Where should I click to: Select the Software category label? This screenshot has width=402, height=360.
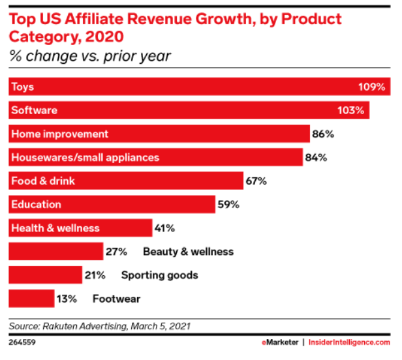click(34, 110)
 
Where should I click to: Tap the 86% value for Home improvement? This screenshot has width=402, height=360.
click(323, 134)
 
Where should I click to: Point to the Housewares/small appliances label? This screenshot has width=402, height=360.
click(85, 157)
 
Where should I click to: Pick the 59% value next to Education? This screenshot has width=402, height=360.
click(228, 204)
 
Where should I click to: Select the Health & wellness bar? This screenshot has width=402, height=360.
click(79, 228)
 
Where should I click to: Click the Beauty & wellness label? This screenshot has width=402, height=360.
click(188, 251)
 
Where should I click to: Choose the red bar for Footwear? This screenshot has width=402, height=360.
click(31, 298)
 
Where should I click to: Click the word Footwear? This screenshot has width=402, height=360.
click(116, 298)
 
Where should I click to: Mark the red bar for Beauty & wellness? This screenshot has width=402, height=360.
click(55, 251)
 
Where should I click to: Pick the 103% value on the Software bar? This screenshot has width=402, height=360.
click(352, 110)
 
